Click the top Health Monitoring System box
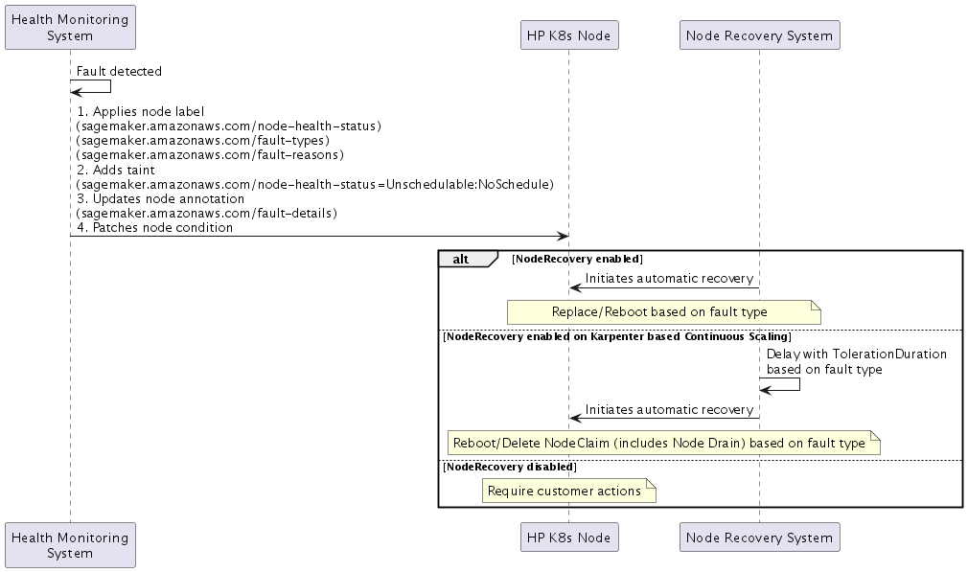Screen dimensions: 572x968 [70, 27]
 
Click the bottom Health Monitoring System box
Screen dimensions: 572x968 [70, 545]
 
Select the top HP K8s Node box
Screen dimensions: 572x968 [568, 36]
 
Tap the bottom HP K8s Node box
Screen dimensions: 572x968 [568, 538]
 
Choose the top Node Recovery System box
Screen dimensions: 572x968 [759, 36]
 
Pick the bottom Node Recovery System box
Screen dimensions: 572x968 [759, 538]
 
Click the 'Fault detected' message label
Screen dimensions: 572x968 [119, 71]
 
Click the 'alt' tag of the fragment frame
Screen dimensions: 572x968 [462, 259]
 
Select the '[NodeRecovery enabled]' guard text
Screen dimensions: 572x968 [577, 259]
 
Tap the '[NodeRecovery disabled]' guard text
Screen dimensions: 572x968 [509, 467]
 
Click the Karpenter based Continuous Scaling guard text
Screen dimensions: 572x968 [616, 336]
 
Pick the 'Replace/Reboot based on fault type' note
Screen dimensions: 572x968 [659, 311]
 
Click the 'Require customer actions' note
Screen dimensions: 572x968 [565, 491]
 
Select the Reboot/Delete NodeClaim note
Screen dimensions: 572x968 [659, 443]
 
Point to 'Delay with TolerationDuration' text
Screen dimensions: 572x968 [856, 354]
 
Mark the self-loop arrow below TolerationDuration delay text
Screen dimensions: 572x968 [786, 385]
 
